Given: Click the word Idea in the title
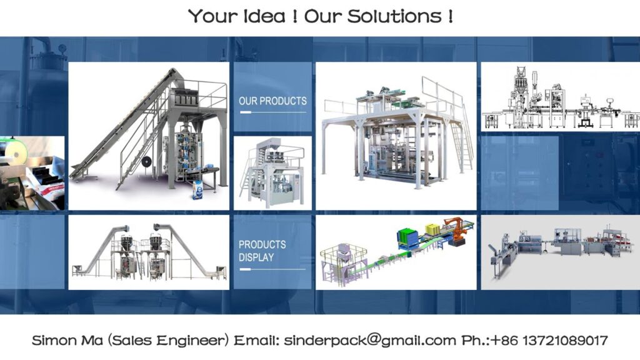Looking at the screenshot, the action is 264,16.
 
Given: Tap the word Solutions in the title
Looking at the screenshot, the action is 395,16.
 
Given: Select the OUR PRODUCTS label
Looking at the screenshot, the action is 272,101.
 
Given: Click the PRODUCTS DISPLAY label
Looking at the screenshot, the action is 262,251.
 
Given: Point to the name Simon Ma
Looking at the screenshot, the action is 67,340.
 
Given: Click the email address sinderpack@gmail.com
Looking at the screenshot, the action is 370,340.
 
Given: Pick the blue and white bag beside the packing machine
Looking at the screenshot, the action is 197,190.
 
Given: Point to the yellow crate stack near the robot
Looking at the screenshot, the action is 432,229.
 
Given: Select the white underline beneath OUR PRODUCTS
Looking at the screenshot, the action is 272,112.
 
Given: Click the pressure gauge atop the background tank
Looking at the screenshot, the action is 62,49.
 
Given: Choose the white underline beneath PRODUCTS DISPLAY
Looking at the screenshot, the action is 272,269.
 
